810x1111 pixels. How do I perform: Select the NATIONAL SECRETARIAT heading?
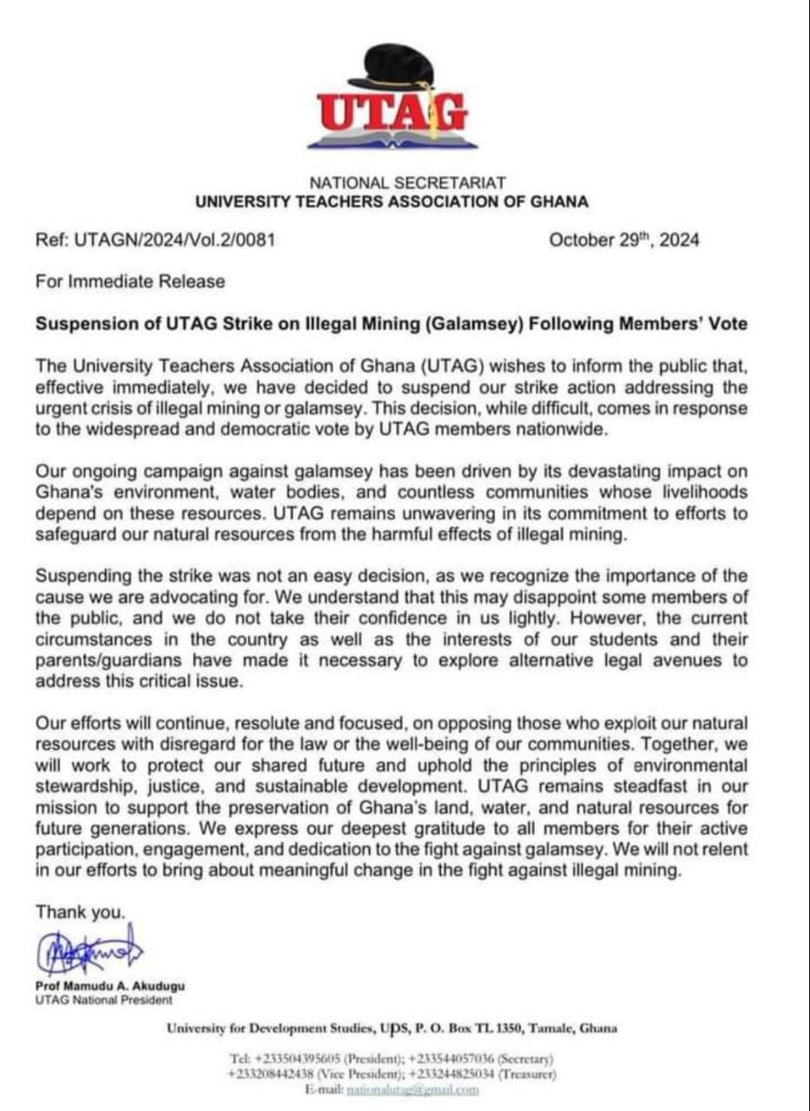407,183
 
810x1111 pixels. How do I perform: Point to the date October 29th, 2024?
623,240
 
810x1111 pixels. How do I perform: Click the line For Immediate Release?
130,281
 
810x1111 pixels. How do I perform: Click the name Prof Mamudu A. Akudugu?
109,987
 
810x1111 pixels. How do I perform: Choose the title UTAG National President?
104,1000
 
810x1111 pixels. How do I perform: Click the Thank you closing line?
81,912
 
